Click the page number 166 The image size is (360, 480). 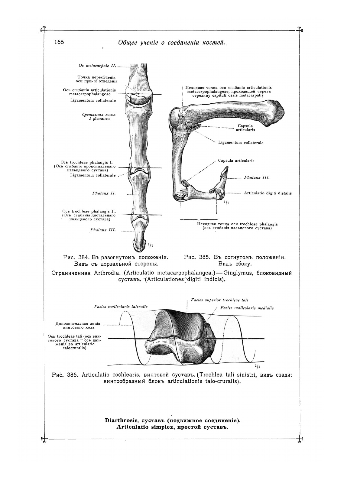click(59, 42)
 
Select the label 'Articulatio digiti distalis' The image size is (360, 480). click(268, 193)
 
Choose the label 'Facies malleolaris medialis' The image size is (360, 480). click(247, 308)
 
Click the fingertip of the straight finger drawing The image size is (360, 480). click(139, 246)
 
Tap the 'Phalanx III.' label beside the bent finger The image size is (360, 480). click(257, 178)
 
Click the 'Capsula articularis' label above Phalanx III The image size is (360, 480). click(236, 161)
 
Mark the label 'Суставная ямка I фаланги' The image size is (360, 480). click(99, 117)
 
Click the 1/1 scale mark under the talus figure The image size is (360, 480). click(258, 367)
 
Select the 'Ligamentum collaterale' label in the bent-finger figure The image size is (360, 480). click(241, 143)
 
